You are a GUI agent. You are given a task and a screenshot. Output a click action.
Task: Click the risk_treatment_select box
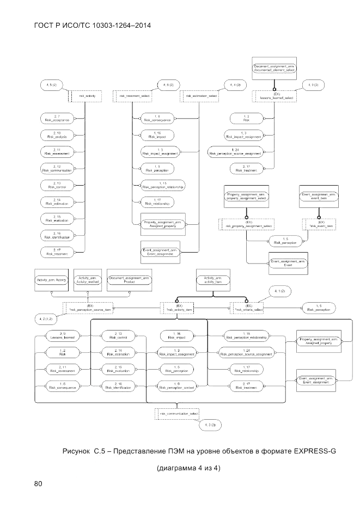coord(134,96)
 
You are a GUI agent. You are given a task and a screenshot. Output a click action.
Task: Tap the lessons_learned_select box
coord(277,96)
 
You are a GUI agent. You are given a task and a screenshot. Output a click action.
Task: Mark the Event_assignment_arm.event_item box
coord(319,197)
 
